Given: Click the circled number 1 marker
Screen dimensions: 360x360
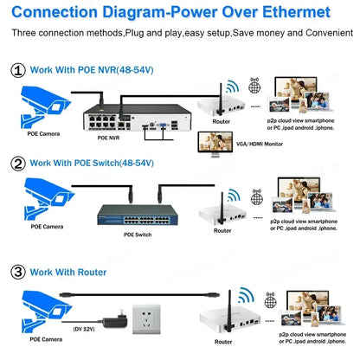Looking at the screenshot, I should (x=17, y=70).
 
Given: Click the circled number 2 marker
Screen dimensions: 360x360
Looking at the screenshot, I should (x=17, y=162).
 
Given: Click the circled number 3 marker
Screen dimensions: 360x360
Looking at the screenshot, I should (x=17, y=273).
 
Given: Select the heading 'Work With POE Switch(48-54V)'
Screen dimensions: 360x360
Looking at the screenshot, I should (x=105, y=162).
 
